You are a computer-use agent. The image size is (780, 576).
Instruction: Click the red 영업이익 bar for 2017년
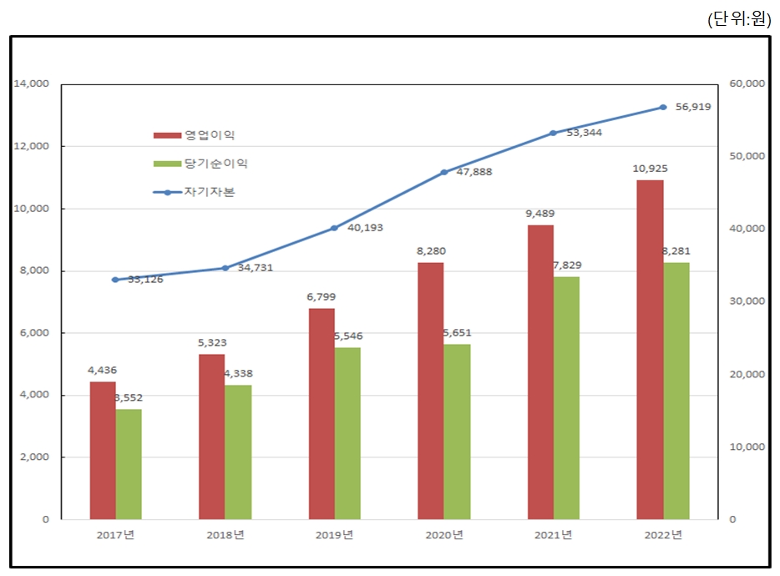point(103,450)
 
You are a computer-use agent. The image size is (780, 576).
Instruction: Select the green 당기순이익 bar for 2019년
point(347,433)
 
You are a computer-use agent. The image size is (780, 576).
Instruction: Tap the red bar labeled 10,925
point(650,349)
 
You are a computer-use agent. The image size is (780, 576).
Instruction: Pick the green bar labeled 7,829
point(566,397)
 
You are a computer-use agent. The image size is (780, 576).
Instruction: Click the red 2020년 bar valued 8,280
point(431,391)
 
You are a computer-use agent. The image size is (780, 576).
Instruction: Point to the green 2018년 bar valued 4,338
point(238,452)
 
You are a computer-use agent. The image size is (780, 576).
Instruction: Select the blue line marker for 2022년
point(663,107)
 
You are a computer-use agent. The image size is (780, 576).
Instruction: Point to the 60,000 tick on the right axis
point(747,84)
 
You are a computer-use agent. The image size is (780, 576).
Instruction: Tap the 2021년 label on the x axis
point(554,535)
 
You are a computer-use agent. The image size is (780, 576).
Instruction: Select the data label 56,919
point(694,107)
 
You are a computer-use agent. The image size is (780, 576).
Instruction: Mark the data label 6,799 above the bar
point(322,296)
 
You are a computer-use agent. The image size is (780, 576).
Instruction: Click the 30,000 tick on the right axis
point(747,301)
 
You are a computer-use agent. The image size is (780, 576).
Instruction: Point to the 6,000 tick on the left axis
point(34,333)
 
